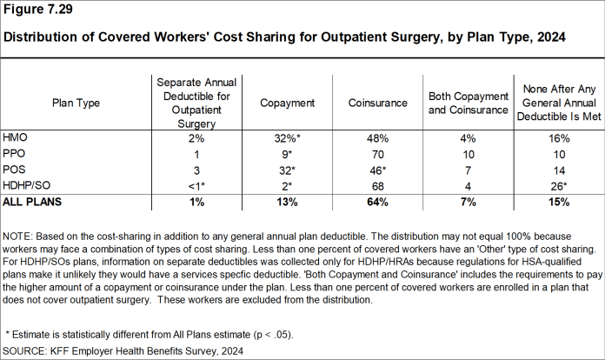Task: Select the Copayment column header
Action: coord(287,103)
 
